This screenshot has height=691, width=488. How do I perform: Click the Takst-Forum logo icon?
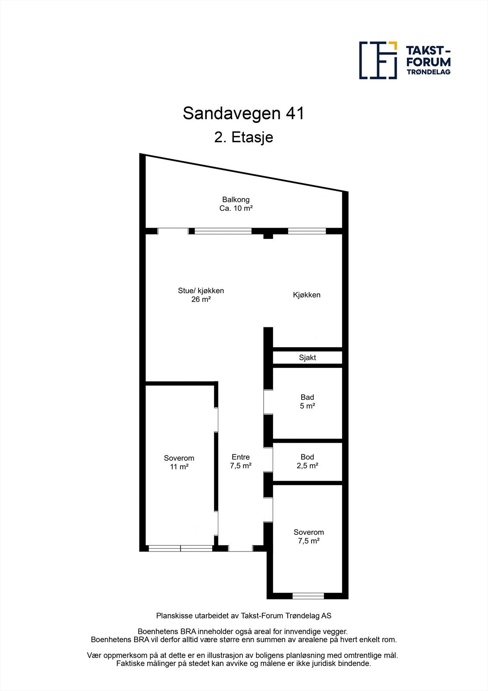(378, 60)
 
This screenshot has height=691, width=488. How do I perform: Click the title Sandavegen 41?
(243, 114)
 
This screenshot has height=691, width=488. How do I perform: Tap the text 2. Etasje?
(243, 138)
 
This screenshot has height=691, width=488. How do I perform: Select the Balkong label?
(236, 200)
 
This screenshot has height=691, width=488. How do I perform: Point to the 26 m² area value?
(201, 299)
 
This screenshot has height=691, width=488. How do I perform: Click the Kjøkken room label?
(306, 295)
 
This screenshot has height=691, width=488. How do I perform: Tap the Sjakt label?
(307, 358)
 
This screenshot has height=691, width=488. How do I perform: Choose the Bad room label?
(307, 397)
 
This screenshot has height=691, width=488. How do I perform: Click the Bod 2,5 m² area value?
(307, 466)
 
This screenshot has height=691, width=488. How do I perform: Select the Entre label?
(240, 457)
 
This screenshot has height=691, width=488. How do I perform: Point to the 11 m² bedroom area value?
(179, 467)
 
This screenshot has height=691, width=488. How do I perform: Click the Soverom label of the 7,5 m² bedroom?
(309, 533)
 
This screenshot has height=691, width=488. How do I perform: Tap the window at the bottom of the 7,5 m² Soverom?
(308, 596)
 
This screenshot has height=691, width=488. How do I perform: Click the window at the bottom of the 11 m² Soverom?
(180, 548)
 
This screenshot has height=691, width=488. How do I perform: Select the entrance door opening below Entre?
(240, 548)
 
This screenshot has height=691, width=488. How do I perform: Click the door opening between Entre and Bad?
(268, 402)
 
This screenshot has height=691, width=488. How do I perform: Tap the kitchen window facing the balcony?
(307, 231)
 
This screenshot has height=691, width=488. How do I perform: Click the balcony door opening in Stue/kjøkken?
(173, 231)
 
